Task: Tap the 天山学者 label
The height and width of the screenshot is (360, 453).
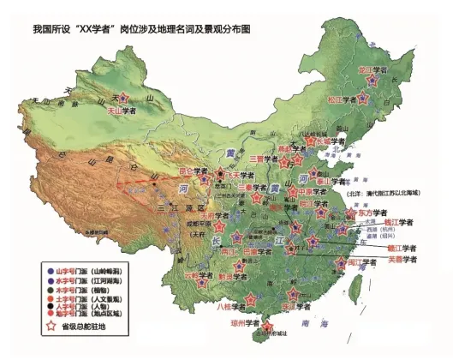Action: [x=122, y=110]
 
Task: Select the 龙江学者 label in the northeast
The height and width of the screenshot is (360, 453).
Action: [x=373, y=68]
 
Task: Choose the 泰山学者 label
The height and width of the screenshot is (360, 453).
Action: [x=337, y=182]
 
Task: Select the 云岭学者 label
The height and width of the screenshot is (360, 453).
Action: [x=198, y=276]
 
